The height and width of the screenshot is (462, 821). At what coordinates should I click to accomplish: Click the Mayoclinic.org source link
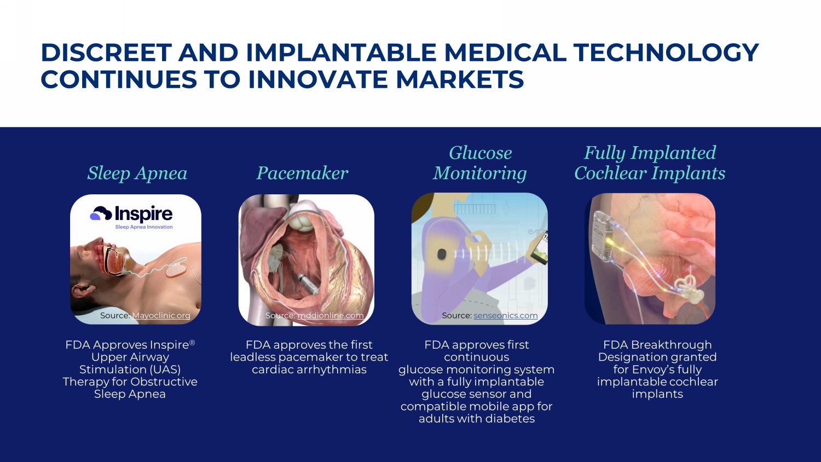tap(161, 315)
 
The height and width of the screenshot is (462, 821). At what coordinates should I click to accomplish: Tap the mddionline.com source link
tap(330, 315)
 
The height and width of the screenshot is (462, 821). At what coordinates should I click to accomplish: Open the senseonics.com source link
tap(505, 315)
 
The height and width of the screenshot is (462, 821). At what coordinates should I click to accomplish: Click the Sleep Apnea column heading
tap(137, 173)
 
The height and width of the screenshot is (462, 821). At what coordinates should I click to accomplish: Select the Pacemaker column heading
tap(302, 173)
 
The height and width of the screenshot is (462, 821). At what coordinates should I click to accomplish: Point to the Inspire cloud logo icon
tap(101, 213)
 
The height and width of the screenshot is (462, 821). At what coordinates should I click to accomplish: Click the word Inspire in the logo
tap(143, 213)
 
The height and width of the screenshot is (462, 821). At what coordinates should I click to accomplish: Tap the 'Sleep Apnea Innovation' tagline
tap(143, 227)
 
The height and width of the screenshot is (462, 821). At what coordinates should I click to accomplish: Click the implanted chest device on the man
tap(177, 270)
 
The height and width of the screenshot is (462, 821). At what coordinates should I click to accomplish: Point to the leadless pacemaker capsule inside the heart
tap(307, 282)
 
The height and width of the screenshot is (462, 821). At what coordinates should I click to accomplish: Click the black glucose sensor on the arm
tap(442, 253)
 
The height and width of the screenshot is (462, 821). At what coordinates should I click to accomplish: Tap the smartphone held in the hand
tap(538, 248)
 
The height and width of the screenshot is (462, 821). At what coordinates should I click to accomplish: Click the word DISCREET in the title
tap(106, 53)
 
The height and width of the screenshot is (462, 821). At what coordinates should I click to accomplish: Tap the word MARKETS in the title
tap(460, 79)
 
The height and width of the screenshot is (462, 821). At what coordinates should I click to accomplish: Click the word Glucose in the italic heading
tap(480, 153)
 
